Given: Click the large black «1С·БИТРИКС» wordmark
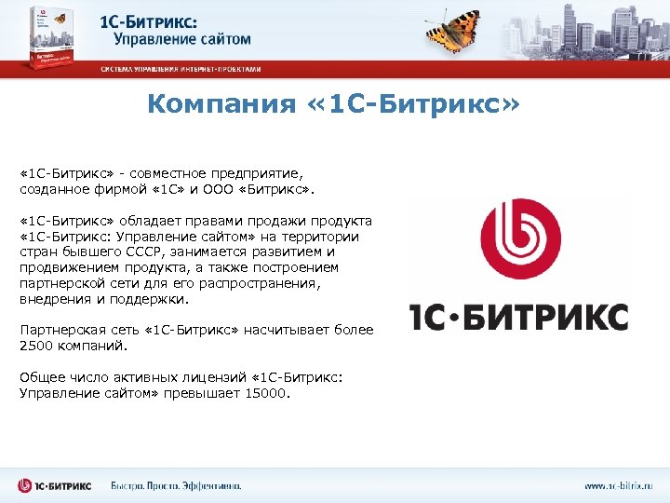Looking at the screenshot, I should click(519, 317).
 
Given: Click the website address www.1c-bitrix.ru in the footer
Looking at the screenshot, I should click(619, 485).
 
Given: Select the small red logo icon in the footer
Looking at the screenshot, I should click(27, 485).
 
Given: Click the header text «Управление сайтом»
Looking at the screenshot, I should click(182, 40).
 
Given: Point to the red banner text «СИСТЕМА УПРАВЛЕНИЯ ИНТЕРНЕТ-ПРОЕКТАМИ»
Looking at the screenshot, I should click(181, 70).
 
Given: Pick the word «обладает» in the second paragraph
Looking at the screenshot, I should click(148, 222).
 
